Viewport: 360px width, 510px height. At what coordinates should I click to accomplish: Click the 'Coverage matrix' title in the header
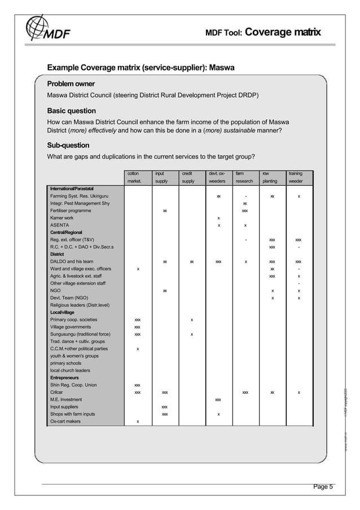[283, 33]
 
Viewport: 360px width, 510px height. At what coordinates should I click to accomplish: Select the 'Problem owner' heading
[71, 84]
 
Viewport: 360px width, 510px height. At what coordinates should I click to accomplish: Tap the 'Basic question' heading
[71, 111]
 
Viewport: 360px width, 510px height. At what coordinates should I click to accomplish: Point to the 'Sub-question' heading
[68, 145]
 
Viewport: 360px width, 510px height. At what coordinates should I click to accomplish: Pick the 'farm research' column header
[244, 177]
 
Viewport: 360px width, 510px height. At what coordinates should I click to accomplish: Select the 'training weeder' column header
[298, 177]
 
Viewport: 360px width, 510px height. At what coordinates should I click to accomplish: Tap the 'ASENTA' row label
[60, 225]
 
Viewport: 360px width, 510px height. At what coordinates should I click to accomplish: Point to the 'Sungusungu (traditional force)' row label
[80, 334]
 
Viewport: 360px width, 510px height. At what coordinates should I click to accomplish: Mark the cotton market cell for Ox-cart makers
[138, 421]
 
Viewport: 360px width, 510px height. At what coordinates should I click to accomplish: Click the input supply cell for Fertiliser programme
[164, 211]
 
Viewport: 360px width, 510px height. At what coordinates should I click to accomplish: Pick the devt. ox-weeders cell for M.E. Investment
[218, 400]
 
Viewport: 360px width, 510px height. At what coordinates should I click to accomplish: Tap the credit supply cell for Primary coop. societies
[191, 320]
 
